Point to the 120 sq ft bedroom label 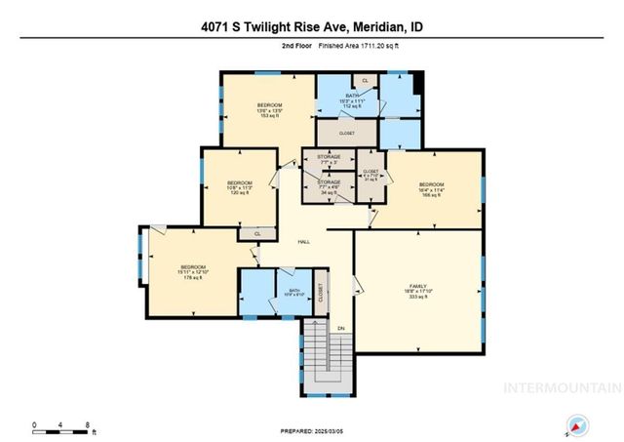[x=240, y=187]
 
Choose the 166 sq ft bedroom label [x=431, y=189]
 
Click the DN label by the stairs [x=340, y=328]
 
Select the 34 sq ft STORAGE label [x=329, y=186]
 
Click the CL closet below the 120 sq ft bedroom [x=256, y=234]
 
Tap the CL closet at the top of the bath [x=365, y=79]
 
